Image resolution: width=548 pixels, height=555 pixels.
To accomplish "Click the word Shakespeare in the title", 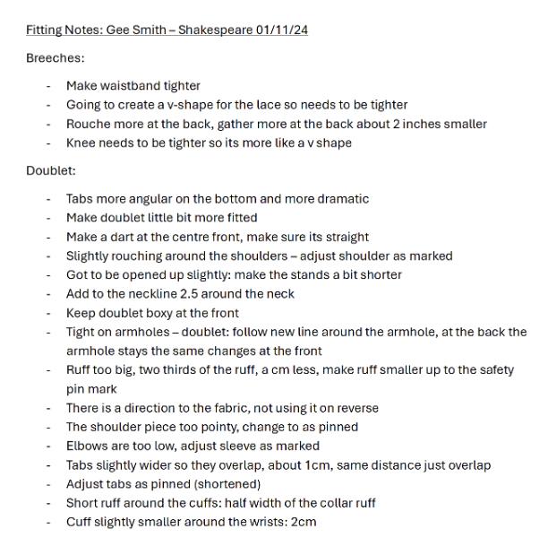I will pyautogui.click(x=215, y=30).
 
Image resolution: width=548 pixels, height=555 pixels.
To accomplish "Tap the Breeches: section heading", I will pyautogui.click(x=56, y=58).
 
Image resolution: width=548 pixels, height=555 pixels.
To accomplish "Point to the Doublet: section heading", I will pyautogui.click(x=51, y=170).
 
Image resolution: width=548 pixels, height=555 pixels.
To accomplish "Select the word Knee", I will pyautogui.click(x=81, y=143).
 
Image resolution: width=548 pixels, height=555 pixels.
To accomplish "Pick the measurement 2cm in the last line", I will pyautogui.click(x=302, y=522).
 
